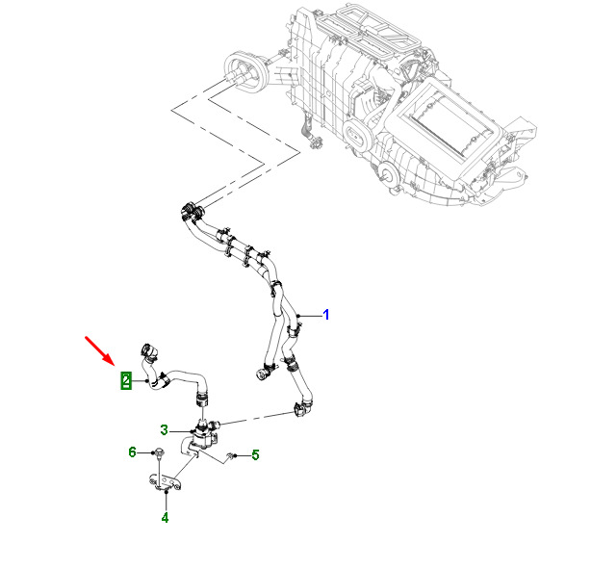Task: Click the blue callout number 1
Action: pyautogui.click(x=326, y=315)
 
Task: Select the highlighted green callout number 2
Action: pyautogui.click(x=126, y=380)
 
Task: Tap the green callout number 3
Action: pyautogui.click(x=164, y=429)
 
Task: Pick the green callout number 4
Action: pyautogui.click(x=166, y=518)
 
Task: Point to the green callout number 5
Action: pyautogui.click(x=255, y=455)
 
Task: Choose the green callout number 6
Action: pyautogui.click(x=132, y=452)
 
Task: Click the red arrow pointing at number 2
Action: pyautogui.click(x=99, y=350)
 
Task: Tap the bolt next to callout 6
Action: pyautogui.click(x=158, y=453)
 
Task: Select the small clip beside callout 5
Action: pyautogui.click(x=229, y=456)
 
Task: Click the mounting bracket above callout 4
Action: pyautogui.click(x=164, y=483)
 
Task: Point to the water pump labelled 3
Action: pyautogui.click(x=202, y=434)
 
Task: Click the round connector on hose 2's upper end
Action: pyautogui.click(x=148, y=351)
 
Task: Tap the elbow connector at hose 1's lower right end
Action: pyautogui.click(x=302, y=408)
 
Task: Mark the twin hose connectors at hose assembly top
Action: pyautogui.click(x=192, y=211)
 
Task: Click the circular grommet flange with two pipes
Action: pyautogui.click(x=244, y=71)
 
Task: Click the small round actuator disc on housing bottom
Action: pyautogui.click(x=386, y=175)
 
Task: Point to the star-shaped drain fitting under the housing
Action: pyautogui.click(x=315, y=142)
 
